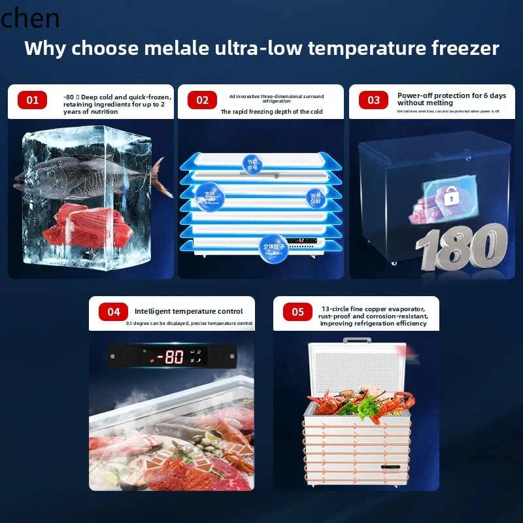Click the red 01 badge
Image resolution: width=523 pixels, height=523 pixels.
(33, 100)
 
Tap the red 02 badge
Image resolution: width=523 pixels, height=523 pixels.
(202, 100)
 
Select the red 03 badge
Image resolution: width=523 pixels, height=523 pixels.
(373, 100)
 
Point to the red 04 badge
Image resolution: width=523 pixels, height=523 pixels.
(114, 312)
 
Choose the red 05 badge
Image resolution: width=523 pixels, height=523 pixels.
(298, 312)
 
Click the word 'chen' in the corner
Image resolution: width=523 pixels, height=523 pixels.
(30, 18)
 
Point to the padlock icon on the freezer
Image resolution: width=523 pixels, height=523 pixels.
(433, 196)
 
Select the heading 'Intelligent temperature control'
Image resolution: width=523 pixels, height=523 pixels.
(189, 311)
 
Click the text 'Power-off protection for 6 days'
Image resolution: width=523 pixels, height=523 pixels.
(452, 95)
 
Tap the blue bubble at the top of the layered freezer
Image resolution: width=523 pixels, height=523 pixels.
(252, 163)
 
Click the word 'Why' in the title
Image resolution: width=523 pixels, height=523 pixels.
(46, 48)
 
